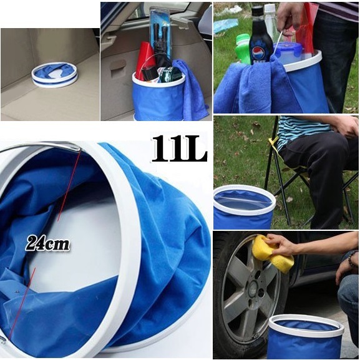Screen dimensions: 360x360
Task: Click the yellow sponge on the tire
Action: click(x=273, y=254)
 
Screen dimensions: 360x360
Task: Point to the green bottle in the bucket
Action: click(x=243, y=49)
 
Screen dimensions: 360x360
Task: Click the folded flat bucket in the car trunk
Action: click(x=55, y=75)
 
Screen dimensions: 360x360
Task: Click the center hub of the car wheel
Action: click(x=254, y=288)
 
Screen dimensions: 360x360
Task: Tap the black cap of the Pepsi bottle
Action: click(x=257, y=11)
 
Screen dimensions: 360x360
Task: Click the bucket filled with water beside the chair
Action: click(x=245, y=207)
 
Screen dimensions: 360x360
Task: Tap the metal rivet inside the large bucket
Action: click(x=17, y=291)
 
